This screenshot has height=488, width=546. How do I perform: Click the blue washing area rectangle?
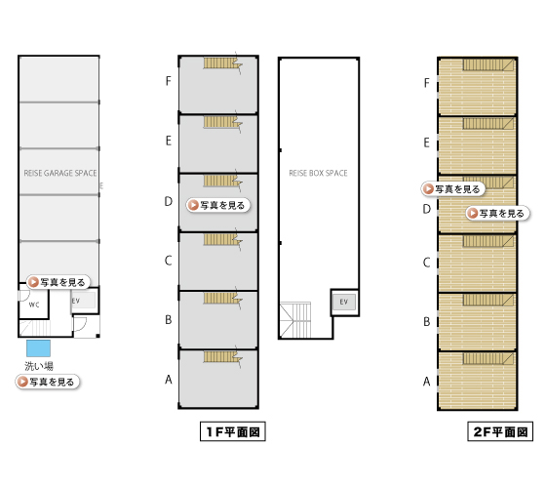(x=39, y=348)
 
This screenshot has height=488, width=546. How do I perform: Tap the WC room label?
(x=34, y=305)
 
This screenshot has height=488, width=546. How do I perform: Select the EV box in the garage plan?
(x=84, y=301)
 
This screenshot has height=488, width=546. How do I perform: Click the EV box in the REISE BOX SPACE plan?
(x=344, y=302)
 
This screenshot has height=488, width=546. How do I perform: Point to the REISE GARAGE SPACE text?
(x=60, y=173)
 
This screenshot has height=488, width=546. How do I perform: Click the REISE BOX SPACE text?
(x=318, y=173)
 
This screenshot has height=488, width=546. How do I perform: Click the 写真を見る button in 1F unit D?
(x=218, y=205)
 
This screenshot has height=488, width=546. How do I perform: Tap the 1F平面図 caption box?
(x=233, y=431)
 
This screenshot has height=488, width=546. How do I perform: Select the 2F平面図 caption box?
(x=500, y=431)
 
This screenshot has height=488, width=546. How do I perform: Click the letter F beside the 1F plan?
(x=168, y=81)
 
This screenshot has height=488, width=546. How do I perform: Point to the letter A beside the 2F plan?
(x=427, y=382)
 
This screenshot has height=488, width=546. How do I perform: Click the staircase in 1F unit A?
(x=223, y=357)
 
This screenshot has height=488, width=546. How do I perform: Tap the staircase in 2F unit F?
(x=488, y=64)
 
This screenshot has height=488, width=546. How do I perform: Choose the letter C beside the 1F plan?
(x=168, y=261)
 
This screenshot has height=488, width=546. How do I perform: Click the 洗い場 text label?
(x=39, y=366)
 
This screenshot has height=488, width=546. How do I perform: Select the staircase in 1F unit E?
(x=223, y=123)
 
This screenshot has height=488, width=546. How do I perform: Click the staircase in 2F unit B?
(x=488, y=301)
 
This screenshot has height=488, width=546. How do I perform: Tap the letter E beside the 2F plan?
(x=427, y=142)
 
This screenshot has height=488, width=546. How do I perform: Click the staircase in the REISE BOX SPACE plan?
(x=295, y=320)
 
